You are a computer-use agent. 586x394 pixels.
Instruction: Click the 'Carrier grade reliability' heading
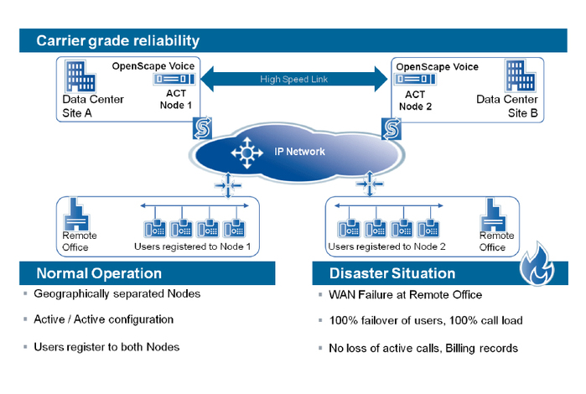tap(117, 41)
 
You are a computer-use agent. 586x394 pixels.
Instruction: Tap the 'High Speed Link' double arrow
tap(293, 80)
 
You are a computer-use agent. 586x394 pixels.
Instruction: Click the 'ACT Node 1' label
tap(176, 100)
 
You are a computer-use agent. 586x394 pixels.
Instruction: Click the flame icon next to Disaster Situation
tap(537, 269)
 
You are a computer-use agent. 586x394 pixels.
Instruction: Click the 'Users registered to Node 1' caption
tap(191, 246)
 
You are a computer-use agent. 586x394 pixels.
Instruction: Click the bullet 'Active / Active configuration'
tap(103, 319)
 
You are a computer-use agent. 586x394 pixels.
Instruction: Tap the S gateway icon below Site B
tap(390, 127)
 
